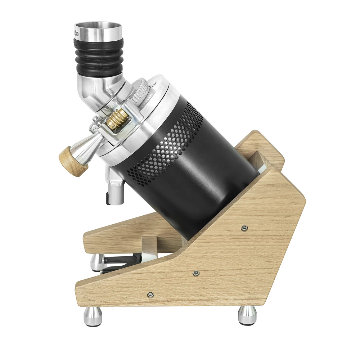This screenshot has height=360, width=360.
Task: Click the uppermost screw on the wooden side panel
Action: click(244, 228)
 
